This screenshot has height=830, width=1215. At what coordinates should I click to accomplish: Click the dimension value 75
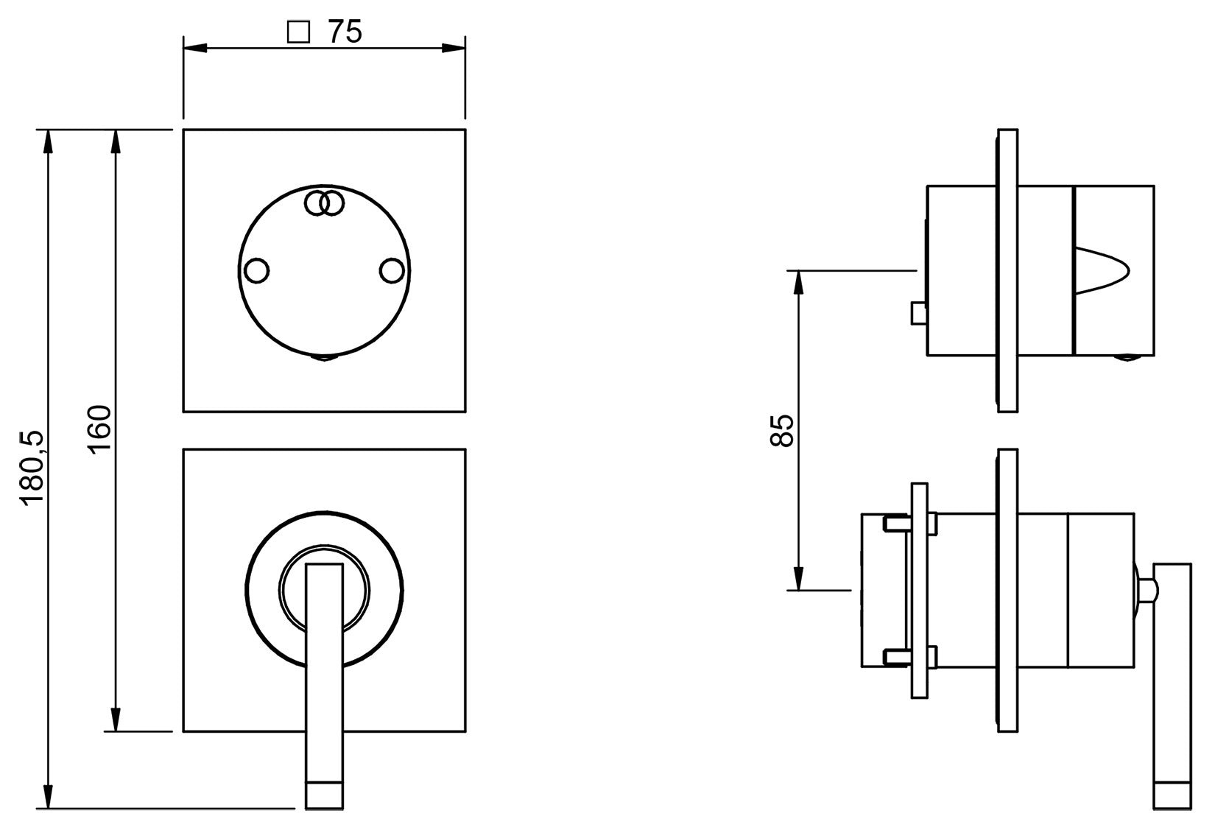point(345,32)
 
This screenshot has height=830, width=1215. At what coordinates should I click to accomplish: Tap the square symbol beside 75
point(298,32)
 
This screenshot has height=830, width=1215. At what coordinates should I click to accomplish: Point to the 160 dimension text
point(99,429)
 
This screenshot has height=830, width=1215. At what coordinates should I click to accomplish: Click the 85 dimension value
point(782,430)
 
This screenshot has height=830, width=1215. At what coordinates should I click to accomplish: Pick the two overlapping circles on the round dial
point(325,203)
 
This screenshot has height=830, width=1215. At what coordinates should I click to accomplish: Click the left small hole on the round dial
point(256,271)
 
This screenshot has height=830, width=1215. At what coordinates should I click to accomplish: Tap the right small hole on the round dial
point(392,271)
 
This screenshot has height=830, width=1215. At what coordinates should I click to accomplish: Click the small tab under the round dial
point(325,359)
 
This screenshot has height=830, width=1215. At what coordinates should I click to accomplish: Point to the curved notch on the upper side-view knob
point(1102,270)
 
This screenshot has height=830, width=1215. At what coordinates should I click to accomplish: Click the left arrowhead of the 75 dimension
point(194,49)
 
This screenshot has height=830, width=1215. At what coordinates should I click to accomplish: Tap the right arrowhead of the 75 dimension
point(454,49)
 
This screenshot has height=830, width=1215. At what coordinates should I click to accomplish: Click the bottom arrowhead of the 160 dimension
point(115,720)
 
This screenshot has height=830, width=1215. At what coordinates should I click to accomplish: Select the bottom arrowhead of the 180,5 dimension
point(49,797)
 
